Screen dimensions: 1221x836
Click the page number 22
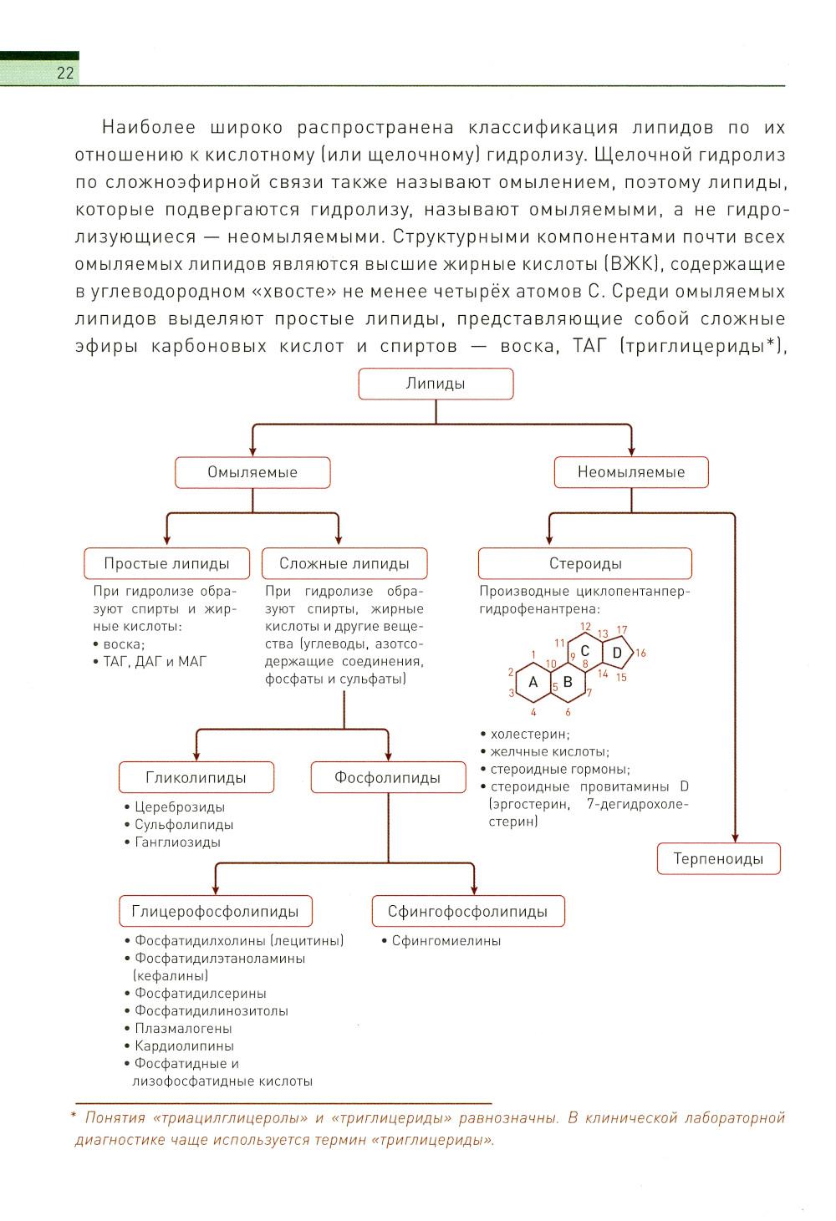pos(65,74)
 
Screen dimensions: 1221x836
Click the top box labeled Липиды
pos(436,384)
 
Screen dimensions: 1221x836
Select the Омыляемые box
pos(252,472)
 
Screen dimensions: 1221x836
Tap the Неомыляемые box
pos(631,472)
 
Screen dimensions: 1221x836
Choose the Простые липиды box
pos(166,563)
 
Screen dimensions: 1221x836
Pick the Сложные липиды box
pos(344,563)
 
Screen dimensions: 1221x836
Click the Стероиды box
pos(585,563)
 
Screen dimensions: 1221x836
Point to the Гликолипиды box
pos(196,777)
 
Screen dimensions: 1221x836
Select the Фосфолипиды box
pos(387,777)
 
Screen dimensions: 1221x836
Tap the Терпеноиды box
pos(718,859)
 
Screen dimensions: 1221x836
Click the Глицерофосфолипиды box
pos(215,911)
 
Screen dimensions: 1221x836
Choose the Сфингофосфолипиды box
pos(467,911)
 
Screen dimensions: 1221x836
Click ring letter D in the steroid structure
pos(617,652)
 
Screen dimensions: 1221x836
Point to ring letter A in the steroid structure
pos(533,682)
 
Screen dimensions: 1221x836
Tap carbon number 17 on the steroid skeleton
pos(622,629)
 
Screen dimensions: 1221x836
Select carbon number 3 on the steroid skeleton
pos(511,693)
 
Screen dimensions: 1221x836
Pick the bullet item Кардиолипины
pos(184,1045)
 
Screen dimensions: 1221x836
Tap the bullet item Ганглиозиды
pos(177,842)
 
